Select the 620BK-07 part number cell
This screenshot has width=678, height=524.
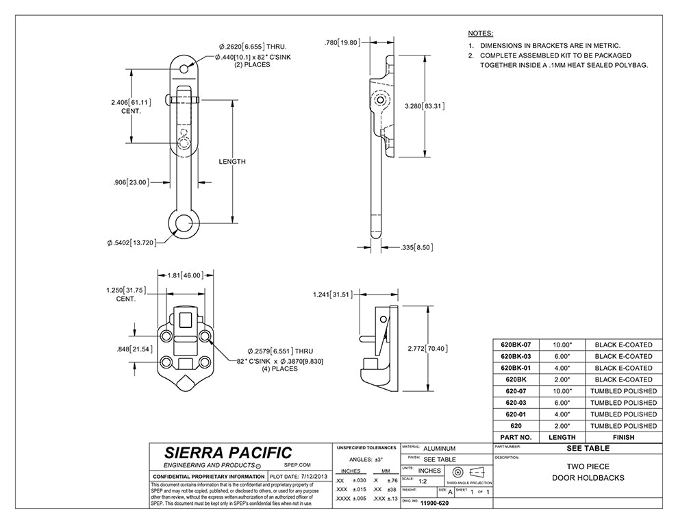pos(522,345)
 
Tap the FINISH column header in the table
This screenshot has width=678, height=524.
pos(623,437)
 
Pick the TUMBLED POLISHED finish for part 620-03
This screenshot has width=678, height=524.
pos(623,403)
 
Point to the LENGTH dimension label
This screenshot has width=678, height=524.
pos(231,162)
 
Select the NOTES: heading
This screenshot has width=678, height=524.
pos(480,33)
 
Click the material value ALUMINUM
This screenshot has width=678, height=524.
pos(439,448)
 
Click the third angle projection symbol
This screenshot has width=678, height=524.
pos(468,473)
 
